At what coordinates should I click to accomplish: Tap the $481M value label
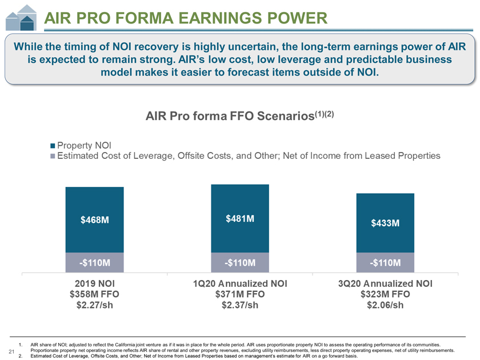(239, 218)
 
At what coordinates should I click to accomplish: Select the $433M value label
(385, 223)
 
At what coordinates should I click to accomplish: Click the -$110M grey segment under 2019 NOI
(94, 263)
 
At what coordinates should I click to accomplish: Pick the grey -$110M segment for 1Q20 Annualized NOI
(239, 263)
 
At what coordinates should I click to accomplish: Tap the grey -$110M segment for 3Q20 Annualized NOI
(385, 263)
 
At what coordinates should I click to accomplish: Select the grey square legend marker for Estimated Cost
(53, 155)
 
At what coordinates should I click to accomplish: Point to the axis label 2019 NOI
(94, 283)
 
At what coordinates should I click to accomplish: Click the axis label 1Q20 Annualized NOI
(239, 283)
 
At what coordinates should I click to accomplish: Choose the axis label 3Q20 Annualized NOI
(385, 283)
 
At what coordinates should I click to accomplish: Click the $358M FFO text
(94, 294)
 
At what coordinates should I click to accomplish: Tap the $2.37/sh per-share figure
(239, 305)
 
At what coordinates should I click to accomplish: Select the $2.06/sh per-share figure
(385, 305)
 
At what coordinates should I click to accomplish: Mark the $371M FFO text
(239, 294)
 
